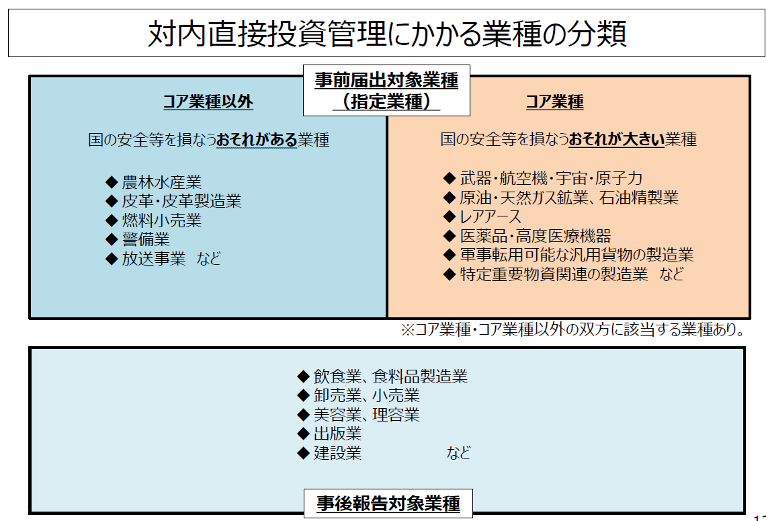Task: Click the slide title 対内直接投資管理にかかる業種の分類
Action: [387, 33]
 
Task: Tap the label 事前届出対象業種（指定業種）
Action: [386, 90]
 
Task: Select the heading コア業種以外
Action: [208, 102]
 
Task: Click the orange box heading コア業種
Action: [554, 102]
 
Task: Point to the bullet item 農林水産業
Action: [162, 182]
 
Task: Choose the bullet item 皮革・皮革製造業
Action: [181, 201]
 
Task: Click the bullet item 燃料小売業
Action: [162, 221]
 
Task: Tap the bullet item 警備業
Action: [146, 239]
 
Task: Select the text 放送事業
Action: [154, 259]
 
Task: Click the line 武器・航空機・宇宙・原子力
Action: [551, 178]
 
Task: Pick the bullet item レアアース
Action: [491, 216]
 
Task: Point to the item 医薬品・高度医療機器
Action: [536, 236]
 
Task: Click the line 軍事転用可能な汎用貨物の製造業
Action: [577, 255]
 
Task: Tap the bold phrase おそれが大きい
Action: [617, 139]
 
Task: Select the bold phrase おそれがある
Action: [257, 140]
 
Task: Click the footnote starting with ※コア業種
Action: [572, 329]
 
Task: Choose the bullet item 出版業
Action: [337, 434]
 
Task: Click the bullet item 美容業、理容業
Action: [367, 415]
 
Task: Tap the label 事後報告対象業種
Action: [388, 503]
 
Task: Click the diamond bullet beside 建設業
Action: [303, 453]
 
